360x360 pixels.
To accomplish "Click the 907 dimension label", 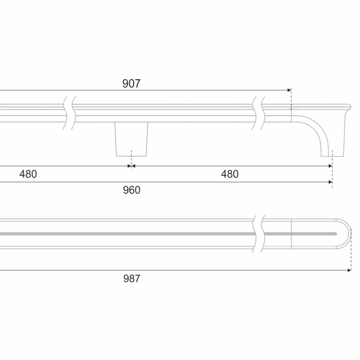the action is [x=131, y=83].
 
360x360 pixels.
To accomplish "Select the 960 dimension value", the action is [x=132, y=190].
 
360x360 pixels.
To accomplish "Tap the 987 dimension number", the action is [x=132, y=279].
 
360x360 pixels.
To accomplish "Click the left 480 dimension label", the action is [x=28, y=174].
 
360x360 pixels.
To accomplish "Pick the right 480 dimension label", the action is [x=229, y=174].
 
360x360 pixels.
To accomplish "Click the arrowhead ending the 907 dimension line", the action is [x=289, y=90].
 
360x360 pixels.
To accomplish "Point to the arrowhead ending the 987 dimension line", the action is [x=349, y=271].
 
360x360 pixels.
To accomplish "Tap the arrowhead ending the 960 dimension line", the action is [x=330, y=182].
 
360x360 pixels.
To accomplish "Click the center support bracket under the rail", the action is [x=131, y=139].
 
